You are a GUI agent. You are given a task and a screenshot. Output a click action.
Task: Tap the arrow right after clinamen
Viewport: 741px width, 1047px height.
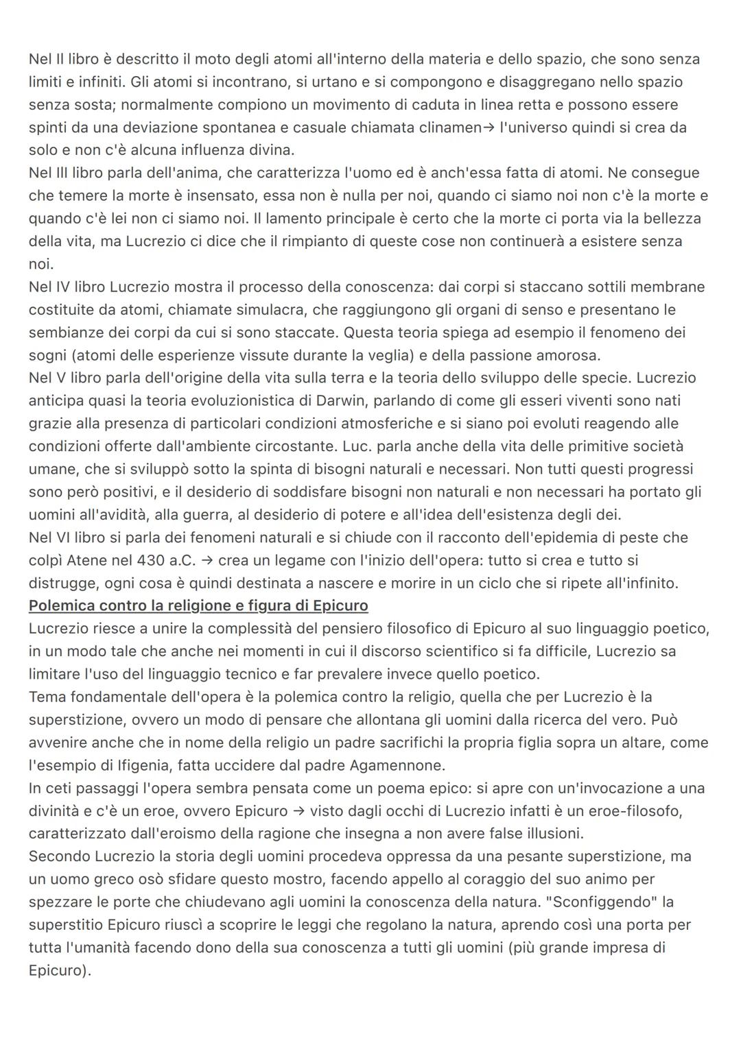click(488, 128)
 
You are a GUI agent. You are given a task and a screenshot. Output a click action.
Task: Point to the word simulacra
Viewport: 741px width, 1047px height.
click(271, 309)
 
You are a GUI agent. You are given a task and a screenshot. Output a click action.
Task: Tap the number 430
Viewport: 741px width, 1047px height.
click(151, 560)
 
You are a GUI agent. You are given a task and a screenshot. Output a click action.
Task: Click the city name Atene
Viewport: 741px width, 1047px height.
click(88, 560)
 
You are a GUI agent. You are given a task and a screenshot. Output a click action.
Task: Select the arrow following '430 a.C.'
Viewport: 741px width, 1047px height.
click(206, 560)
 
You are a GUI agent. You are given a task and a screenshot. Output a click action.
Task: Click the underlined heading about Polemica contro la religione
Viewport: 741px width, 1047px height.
click(198, 605)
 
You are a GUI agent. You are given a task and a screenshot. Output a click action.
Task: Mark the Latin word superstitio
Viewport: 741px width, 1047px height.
click(66, 924)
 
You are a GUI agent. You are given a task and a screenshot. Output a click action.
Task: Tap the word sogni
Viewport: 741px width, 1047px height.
click(47, 355)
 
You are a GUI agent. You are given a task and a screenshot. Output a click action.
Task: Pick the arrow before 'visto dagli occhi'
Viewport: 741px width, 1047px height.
click(298, 810)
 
